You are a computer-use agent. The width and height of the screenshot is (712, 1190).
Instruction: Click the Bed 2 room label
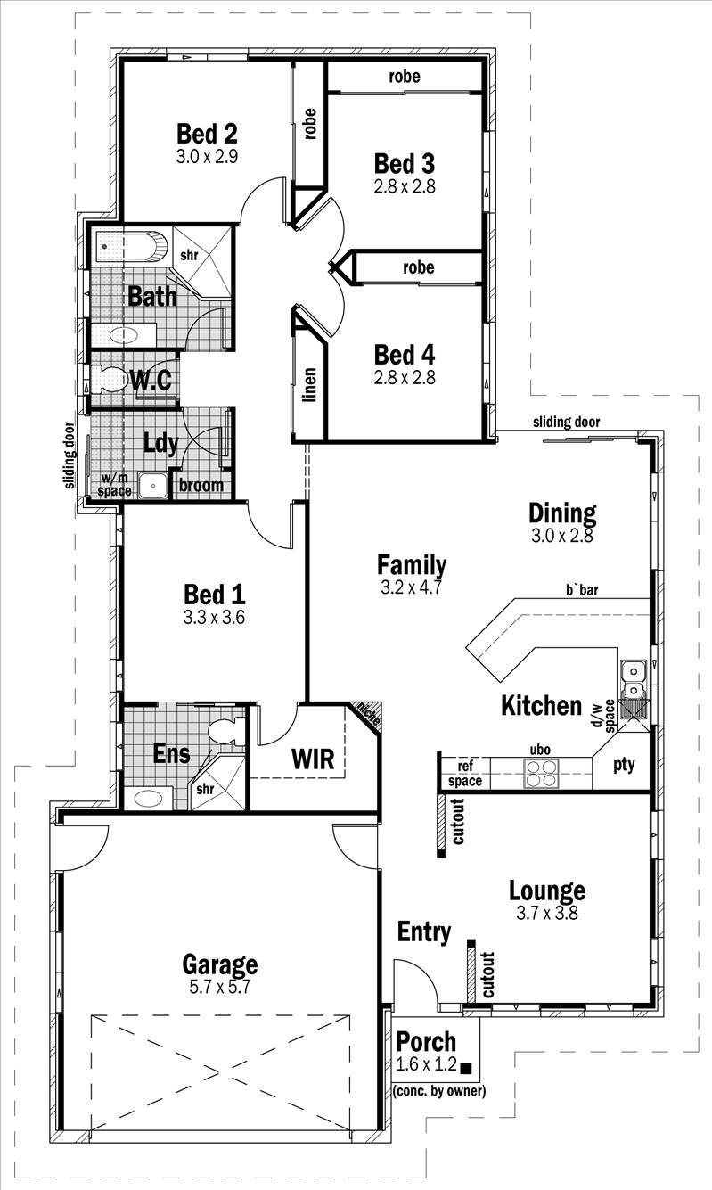[207, 135]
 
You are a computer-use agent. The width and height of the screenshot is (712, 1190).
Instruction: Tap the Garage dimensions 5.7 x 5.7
[220, 988]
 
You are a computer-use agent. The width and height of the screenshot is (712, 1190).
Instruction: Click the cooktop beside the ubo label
[540, 772]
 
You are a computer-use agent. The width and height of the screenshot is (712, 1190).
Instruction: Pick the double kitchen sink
[634, 679]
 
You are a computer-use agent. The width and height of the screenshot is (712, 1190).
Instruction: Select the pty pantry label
[624, 764]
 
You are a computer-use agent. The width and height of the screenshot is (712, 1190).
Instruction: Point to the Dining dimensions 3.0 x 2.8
[561, 537]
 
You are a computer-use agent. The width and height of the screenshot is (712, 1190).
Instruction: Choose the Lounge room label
[547, 890]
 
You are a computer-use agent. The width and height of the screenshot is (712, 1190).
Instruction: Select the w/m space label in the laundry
[116, 485]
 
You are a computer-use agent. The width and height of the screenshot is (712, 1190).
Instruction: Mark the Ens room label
[172, 754]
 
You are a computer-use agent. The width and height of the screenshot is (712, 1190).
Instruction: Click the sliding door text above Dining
[567, 422]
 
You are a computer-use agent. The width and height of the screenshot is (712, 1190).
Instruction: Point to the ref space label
[465, 774]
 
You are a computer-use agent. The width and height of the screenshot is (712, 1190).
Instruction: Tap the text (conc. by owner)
[439, 1090]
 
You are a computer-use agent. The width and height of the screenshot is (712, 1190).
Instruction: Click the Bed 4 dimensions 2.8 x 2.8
[405, 377]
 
